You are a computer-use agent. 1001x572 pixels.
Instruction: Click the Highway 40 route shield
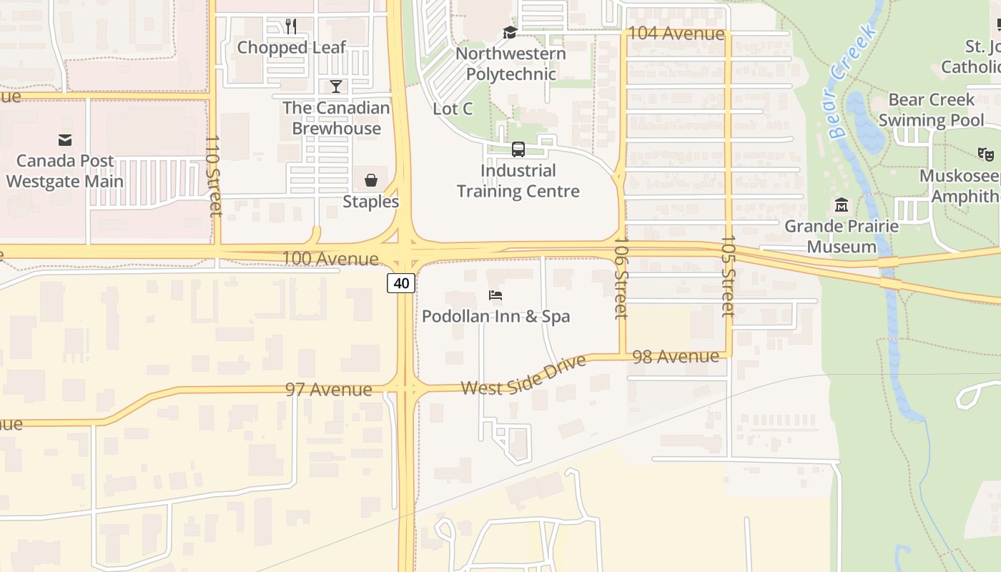coord(401,283)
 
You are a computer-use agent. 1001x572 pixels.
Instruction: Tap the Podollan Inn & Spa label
coord(495,316)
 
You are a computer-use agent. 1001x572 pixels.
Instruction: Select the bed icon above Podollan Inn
coord(495,295)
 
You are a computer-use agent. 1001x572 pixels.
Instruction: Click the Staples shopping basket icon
coord(371,180)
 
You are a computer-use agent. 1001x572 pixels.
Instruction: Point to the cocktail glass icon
coord(336,87)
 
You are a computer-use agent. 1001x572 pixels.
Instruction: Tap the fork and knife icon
coord(290,26)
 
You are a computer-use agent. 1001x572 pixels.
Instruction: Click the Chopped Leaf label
coord(291,48)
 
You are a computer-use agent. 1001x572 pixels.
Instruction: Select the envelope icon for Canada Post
coord(65,139)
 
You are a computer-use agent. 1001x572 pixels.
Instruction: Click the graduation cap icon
coord(510,32)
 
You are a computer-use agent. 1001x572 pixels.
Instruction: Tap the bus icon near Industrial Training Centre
coord(518,149)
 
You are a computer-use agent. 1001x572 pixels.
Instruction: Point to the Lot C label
coord(453,109)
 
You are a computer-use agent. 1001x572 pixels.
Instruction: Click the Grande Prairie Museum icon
coord(841,205)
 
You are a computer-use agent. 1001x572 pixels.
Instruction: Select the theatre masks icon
coord(986,153)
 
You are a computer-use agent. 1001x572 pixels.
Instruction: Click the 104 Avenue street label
coord(673,34)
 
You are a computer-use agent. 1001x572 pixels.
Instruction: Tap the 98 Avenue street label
coord(675,356)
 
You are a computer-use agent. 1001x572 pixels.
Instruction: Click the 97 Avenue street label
coord(329,390)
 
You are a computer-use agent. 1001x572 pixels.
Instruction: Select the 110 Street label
coord(213,175)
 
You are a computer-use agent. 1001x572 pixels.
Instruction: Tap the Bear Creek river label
coord(853,80)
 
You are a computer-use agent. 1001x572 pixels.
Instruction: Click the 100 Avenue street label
coord(330,259)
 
